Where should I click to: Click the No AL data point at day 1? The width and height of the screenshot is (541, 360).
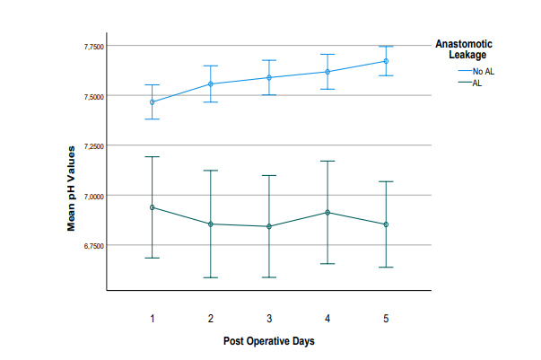coord(153,102)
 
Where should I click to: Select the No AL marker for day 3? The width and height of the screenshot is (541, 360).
coord(268,77)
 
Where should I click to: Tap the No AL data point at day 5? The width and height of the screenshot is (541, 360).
coord(386,61)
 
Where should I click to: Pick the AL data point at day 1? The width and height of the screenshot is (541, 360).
coord(153,207)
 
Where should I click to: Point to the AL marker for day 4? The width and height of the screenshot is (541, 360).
coord(327,212)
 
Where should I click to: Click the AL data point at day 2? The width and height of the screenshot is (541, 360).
coord(211,224)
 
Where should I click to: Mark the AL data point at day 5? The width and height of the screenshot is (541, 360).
coord(386,224)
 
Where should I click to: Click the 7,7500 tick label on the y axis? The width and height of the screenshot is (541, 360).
coord(92,46)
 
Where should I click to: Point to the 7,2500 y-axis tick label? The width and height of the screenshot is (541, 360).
coord(92,145)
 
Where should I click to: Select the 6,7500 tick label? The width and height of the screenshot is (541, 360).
coord(92,245)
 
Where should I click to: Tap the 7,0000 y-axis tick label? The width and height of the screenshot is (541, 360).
coord(92,196)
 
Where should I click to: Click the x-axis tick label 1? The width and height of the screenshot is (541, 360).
coord(153,319)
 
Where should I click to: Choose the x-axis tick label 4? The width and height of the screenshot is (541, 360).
coord(327,319)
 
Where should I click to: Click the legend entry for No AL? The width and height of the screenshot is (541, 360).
coord(483,70)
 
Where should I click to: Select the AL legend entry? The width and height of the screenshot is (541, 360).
coord(476,83)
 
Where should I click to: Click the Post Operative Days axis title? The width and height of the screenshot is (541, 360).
coord(269,341)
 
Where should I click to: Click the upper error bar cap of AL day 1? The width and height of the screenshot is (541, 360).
coord(153,157)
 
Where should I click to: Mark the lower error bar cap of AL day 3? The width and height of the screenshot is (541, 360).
coord(268,277)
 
